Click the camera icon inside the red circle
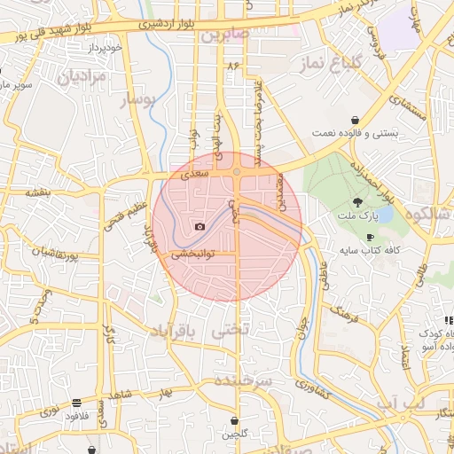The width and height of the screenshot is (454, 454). coord(200,227)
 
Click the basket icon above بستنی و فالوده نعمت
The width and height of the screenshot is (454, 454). coord(355,120)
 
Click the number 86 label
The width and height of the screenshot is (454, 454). coord(234,67)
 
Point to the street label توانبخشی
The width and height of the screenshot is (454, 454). coord(191,254)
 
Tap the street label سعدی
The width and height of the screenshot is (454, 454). coord(194,174)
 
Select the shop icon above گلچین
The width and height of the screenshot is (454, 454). coord(234,420)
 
